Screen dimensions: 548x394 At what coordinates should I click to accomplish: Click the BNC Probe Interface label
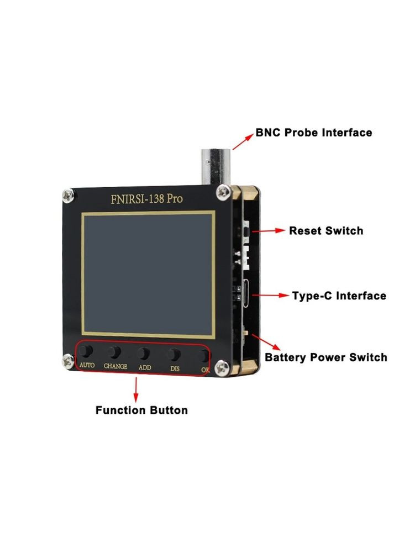(313, 133)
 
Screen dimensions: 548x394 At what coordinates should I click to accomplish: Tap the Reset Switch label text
(326, 231)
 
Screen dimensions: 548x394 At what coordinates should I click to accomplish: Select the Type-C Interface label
(339, 296)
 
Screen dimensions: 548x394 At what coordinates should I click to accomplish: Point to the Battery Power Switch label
(326, 357)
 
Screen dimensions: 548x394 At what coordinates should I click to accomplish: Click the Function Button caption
(141, 410)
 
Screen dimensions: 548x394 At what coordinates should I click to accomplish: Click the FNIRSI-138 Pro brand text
(146, 199)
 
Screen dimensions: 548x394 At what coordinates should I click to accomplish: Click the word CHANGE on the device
(115, 366)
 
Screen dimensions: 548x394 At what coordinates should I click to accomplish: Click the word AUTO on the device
(87, 365)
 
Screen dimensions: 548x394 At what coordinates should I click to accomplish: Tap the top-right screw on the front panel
(223, 192)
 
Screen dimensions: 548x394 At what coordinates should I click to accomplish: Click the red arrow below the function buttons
(136, 389)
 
